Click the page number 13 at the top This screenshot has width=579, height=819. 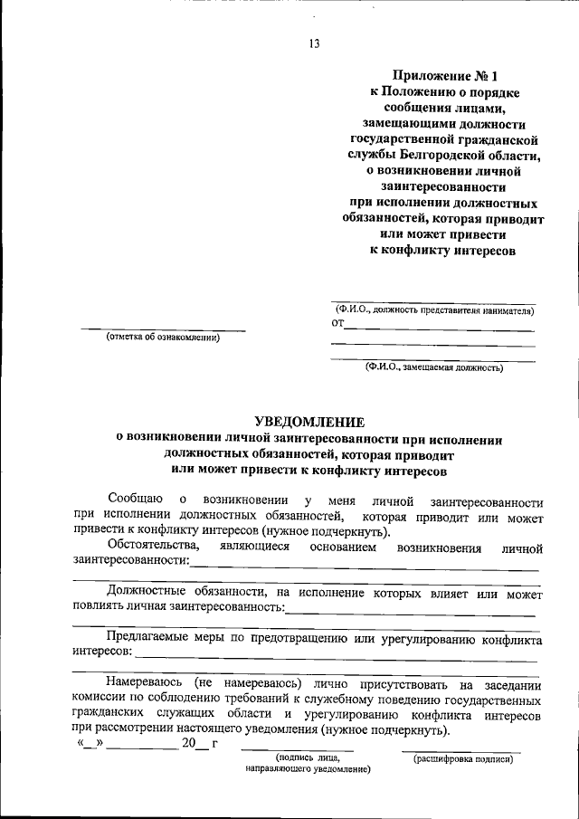[x=314, y=43]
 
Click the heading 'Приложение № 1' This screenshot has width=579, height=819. [x=445, y=76]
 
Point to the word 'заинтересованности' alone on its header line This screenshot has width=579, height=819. [x=444, y=187]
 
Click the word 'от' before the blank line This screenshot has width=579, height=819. [x=337, y=323]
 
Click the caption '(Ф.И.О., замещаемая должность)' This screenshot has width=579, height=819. [x=434, y=367]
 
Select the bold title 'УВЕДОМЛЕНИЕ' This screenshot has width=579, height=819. [x=309, y=421]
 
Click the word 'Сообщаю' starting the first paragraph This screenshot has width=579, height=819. [x=134, y=500]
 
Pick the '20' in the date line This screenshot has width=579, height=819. [x=188, y=744]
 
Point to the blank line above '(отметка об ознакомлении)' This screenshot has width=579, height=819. [x=164, y=329]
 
